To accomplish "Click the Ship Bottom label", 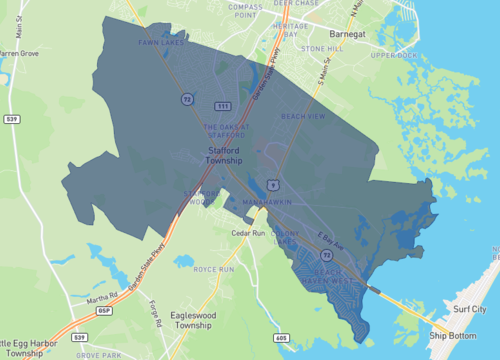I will coord(452,334).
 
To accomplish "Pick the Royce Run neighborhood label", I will coord(213,269).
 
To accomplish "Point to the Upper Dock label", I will coord(393,56).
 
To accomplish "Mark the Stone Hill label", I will coord(322,48).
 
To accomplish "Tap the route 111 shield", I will coord(223,106).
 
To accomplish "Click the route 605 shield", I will coord(281,339).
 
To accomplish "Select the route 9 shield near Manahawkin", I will coord(272,183).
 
